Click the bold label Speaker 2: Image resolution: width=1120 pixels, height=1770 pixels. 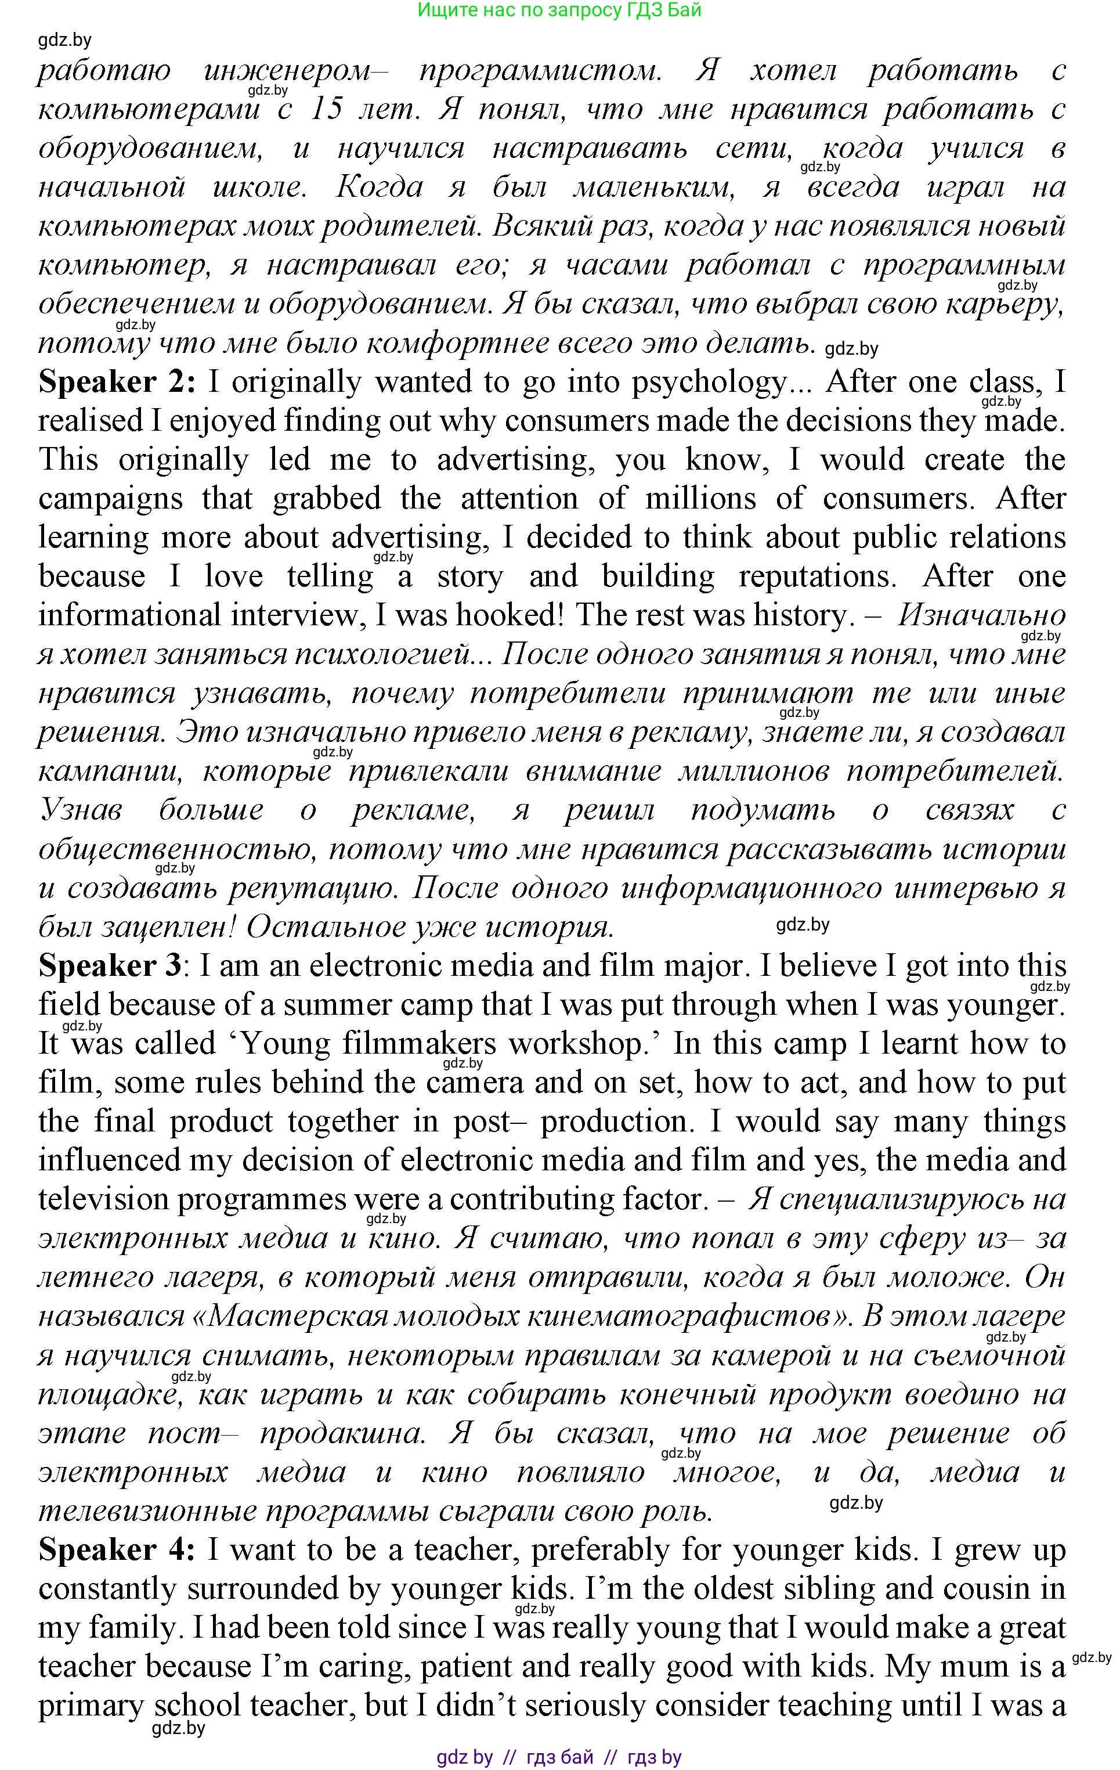117,382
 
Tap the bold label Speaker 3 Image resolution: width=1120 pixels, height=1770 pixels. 110,966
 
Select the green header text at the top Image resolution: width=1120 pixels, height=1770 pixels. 559,10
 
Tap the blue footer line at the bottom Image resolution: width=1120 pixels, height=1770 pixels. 559,1757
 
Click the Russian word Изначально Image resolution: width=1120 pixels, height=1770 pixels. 981,616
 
